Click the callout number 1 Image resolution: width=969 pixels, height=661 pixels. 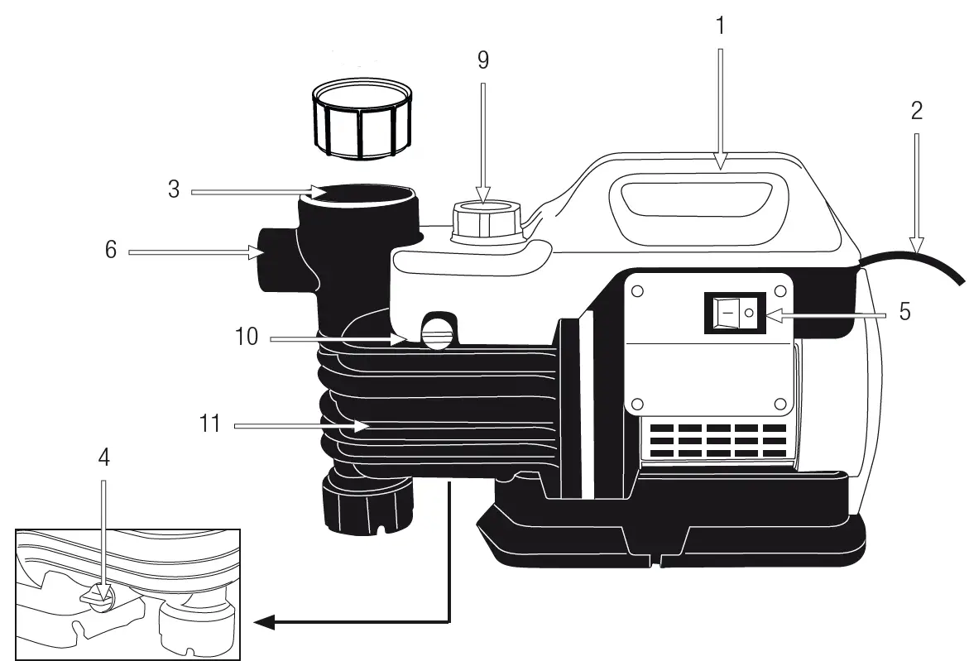pos(719,26)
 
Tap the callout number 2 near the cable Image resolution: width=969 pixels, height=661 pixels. pos(916,111)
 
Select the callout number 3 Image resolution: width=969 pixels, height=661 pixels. pos(174,189)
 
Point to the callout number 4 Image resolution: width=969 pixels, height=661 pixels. pos(103,457)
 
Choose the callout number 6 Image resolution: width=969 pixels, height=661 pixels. pos(111,251)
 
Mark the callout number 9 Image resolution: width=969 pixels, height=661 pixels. pos(483,60)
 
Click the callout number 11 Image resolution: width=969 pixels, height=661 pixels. pos(210,424)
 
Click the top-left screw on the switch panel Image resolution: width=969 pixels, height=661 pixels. pos(638,292)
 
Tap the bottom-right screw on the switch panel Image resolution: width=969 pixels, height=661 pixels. pos(780,403)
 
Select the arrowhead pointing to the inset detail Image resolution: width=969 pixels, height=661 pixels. pos(263,622)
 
